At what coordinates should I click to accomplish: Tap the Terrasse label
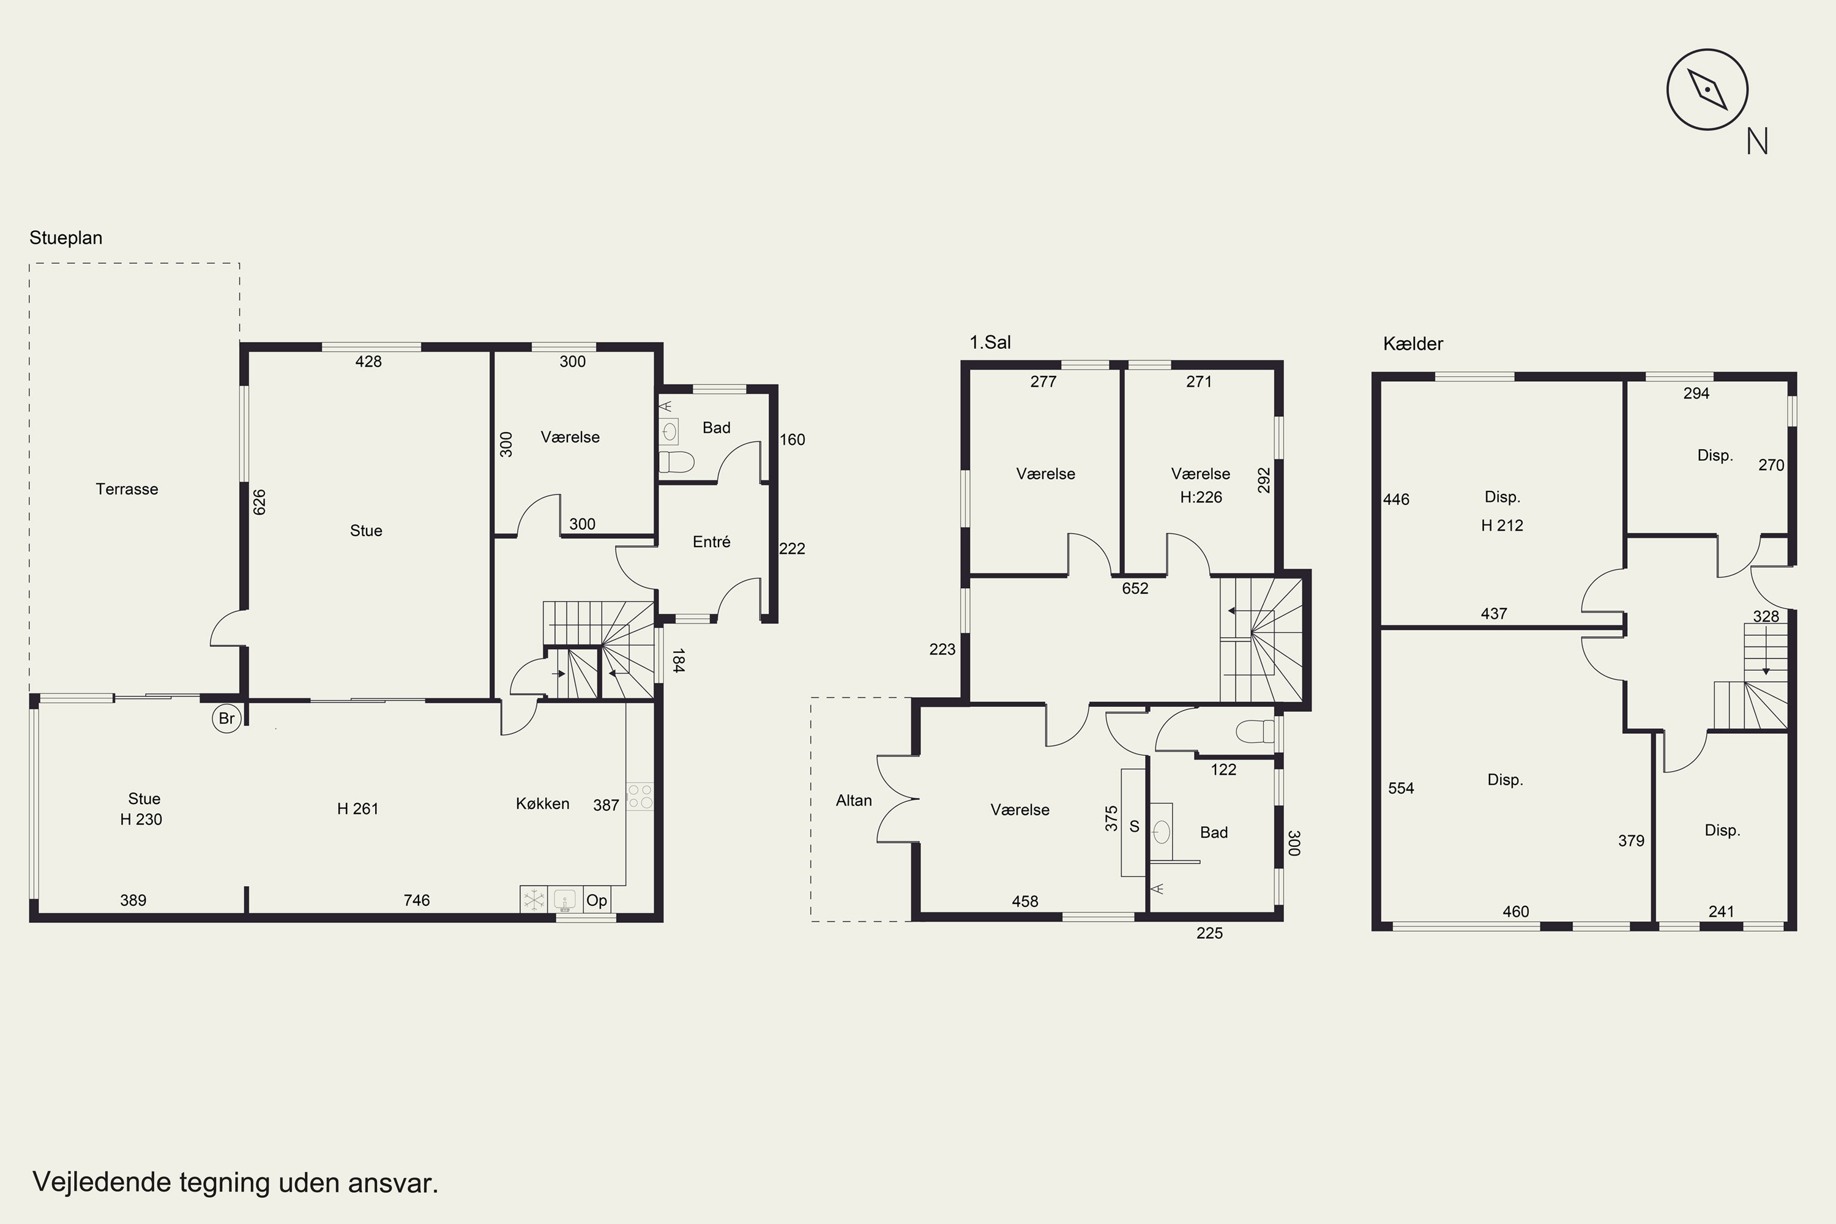point(127,490)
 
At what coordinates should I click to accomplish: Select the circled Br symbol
point(226,718)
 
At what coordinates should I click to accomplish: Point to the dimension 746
point(417,900)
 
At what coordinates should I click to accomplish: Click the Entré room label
point(711,542)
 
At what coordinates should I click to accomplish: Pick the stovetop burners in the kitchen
point(640,796)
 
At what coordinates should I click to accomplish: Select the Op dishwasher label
point(596,900)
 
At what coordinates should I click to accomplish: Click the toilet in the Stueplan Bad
point(676,463)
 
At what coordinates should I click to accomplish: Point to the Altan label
point(853,800)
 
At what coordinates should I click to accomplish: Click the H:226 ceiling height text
point(1201,497)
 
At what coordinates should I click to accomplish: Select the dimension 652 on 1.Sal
point(1135,589)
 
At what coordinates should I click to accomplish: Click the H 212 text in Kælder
point(1502,525)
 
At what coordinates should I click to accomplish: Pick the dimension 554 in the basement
point(1401,788)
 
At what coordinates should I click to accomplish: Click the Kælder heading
point(1413,343)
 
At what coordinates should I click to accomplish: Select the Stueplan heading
point(65,238)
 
